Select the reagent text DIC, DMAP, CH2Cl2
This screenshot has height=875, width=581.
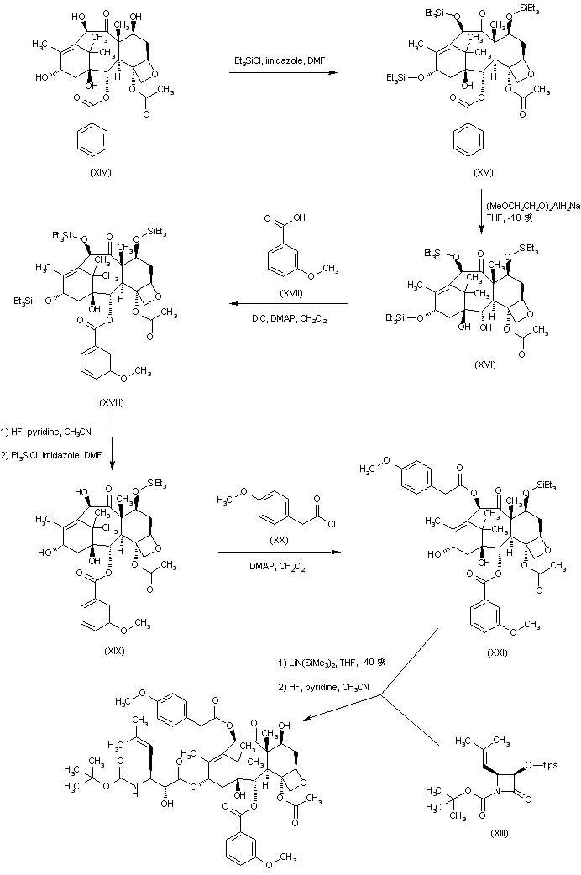point(290,314)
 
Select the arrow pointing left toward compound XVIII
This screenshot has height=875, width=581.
point(290,304)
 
